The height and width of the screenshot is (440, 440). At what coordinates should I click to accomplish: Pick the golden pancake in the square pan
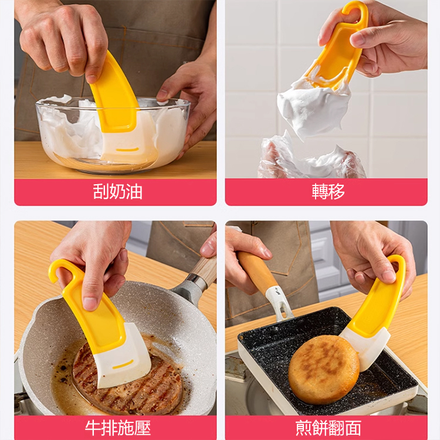coord(323,369)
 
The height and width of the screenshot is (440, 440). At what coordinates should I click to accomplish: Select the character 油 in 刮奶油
coord(134,192)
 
